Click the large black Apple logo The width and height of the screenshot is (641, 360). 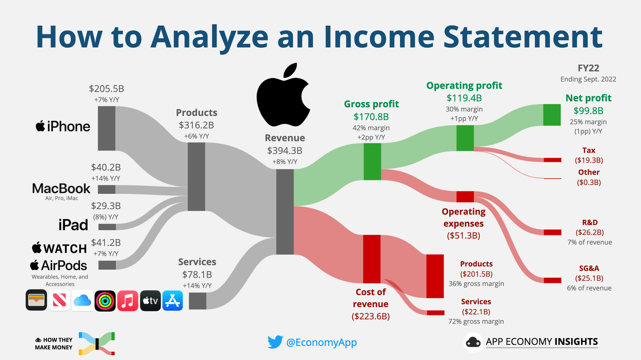(x=283, y=96)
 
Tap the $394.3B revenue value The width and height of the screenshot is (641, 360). (x=285, y=151)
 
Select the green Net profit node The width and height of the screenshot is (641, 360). (x=552, y=115)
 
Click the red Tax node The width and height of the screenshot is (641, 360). (x=552, y=160)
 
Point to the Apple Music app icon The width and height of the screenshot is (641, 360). (x=128, y=301)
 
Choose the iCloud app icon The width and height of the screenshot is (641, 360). (x=82, y=301)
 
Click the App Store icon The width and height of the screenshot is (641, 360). (x=173, y=301)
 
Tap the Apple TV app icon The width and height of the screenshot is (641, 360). (x=150, y=301)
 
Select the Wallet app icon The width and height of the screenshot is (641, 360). (x=36, y=301)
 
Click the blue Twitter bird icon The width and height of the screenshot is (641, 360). (x=275, y=342)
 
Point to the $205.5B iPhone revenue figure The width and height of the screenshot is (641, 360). (x=107, y=89)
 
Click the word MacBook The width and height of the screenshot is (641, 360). (x=61, y=189)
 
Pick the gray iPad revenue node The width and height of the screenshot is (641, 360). (x=107, y=227)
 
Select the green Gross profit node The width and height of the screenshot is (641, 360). (x=372, y=162)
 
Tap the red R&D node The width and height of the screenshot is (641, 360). (x=552, y=233)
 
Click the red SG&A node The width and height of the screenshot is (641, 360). (x=552, y=280)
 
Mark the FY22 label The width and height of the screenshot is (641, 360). (x=588, y=68)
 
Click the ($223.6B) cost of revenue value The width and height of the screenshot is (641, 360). (x=371, y=317)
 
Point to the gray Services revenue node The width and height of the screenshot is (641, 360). (x=198, y=301)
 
